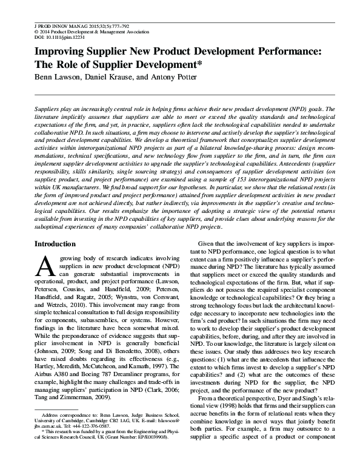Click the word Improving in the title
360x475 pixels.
(57, 52)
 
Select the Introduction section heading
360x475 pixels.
(55, 244)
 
